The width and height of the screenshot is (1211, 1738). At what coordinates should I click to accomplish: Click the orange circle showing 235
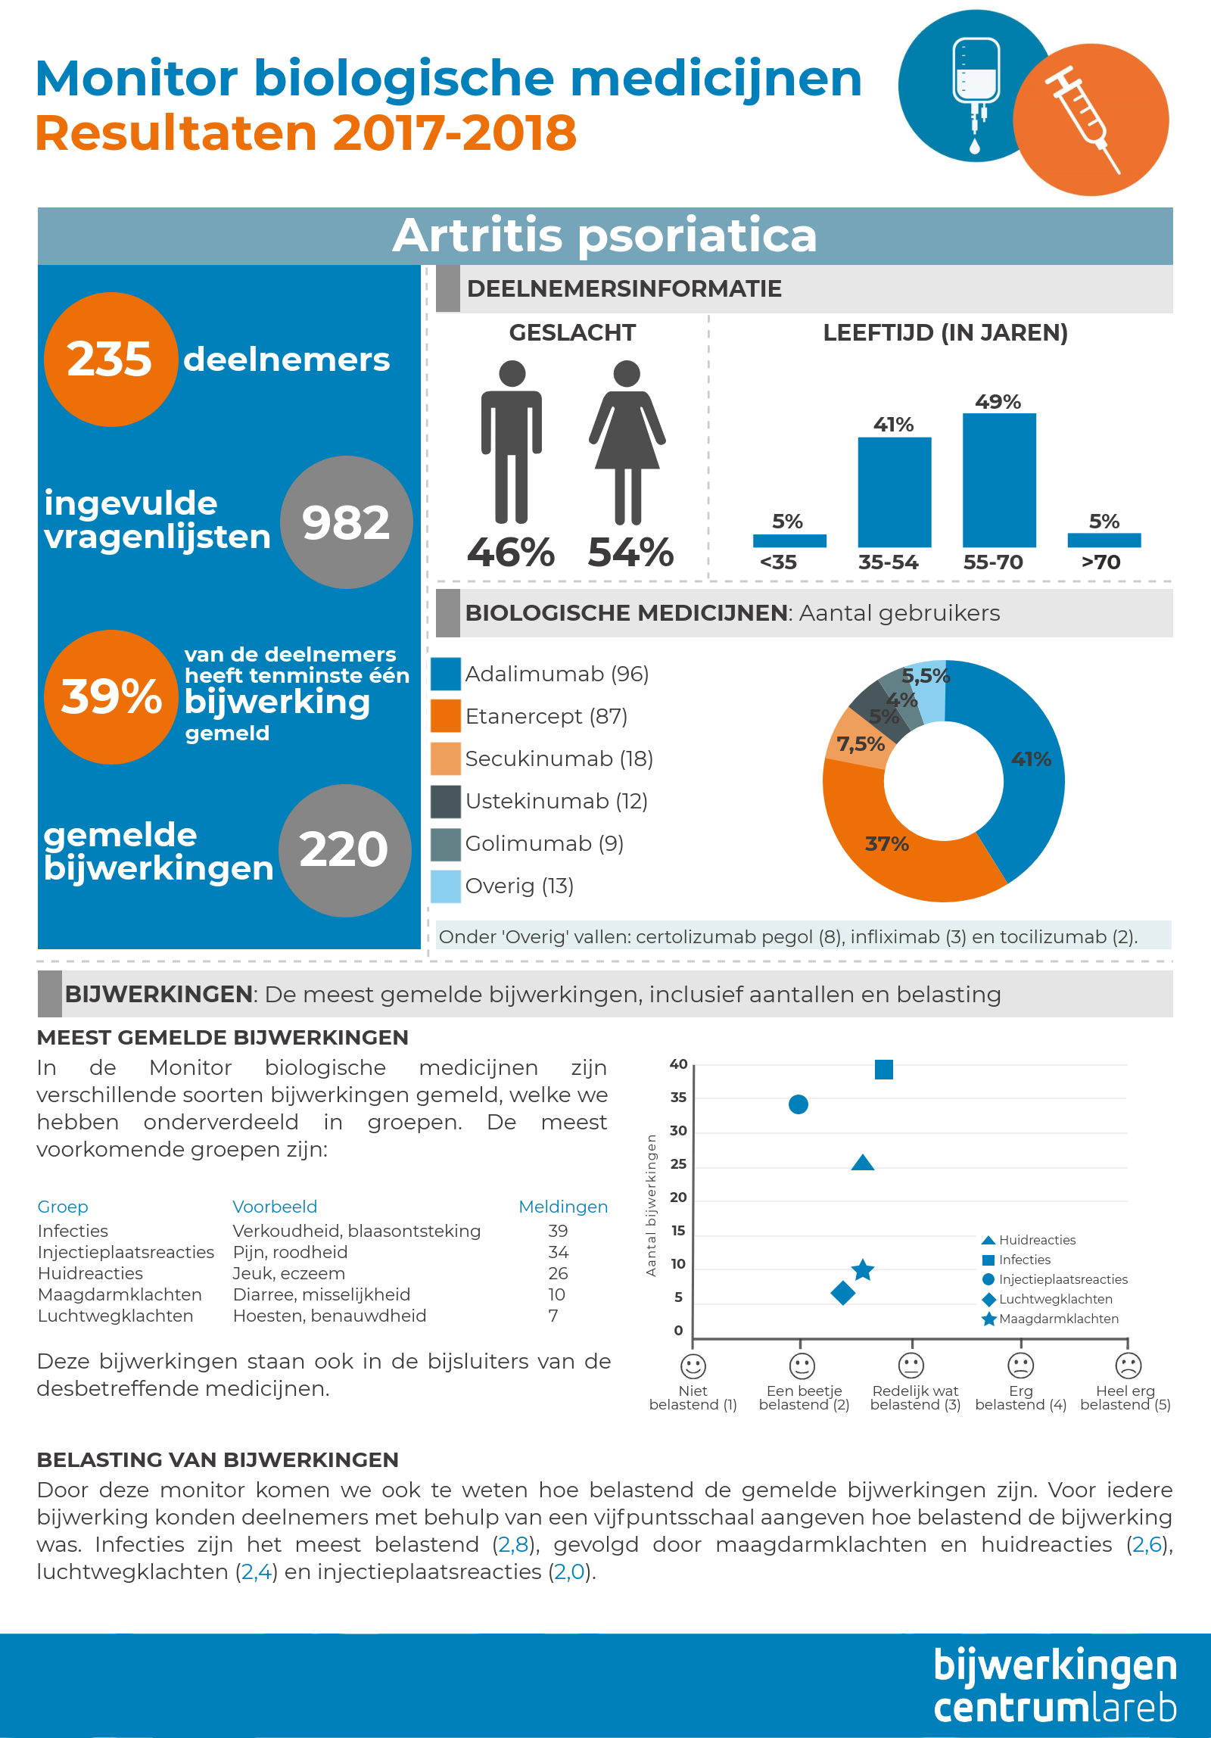(111, 360)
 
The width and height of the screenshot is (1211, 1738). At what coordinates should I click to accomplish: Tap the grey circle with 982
(347, 522)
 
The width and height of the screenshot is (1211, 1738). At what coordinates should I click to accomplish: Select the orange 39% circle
(111, 696)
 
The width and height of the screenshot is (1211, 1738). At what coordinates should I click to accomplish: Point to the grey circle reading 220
(345, 851)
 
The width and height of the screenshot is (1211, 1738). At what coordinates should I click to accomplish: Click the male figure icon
(512, 442)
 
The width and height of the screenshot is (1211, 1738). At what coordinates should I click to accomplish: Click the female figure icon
(627, 442)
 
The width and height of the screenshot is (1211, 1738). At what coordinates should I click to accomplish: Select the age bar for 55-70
(999, 480)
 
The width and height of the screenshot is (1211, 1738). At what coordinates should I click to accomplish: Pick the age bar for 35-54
(895, 492)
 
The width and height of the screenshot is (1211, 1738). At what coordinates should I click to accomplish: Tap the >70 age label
(1101, 562)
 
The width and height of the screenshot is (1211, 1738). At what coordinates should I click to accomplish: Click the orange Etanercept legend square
(446, 716)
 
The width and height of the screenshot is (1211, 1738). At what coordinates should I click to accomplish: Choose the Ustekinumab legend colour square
(446, 801)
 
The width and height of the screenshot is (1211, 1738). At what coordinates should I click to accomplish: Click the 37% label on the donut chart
(887, 843)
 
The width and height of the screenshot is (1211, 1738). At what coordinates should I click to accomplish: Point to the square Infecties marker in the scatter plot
(884, 1069)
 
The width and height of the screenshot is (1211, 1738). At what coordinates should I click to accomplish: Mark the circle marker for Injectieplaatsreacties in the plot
(799, 1104)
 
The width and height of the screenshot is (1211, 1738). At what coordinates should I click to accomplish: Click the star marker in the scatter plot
(863, 1270)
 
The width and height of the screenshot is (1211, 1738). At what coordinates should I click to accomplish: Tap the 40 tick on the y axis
(678, 1064)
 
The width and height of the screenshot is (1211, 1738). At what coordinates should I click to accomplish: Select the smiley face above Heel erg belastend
(1129, 1366)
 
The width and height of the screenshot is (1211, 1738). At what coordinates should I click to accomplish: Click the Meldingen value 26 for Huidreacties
(559, 1273)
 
